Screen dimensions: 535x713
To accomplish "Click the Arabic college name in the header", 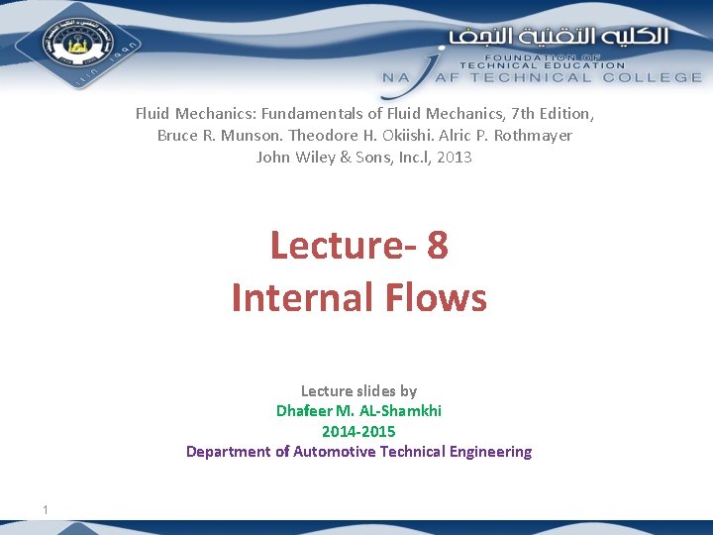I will coord(560,37).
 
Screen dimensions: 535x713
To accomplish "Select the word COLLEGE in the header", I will coord(659,77).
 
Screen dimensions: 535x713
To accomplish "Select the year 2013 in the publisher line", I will coord(454,157).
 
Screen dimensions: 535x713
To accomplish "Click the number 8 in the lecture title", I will coord(437,246).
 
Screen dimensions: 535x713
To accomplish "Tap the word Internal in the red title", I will coord(294,296).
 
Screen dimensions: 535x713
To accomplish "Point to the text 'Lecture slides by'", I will coord(358,391).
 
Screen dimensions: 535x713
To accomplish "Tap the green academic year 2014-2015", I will coord(358,431).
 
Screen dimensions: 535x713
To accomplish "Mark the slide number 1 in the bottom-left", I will coord(46,509).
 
